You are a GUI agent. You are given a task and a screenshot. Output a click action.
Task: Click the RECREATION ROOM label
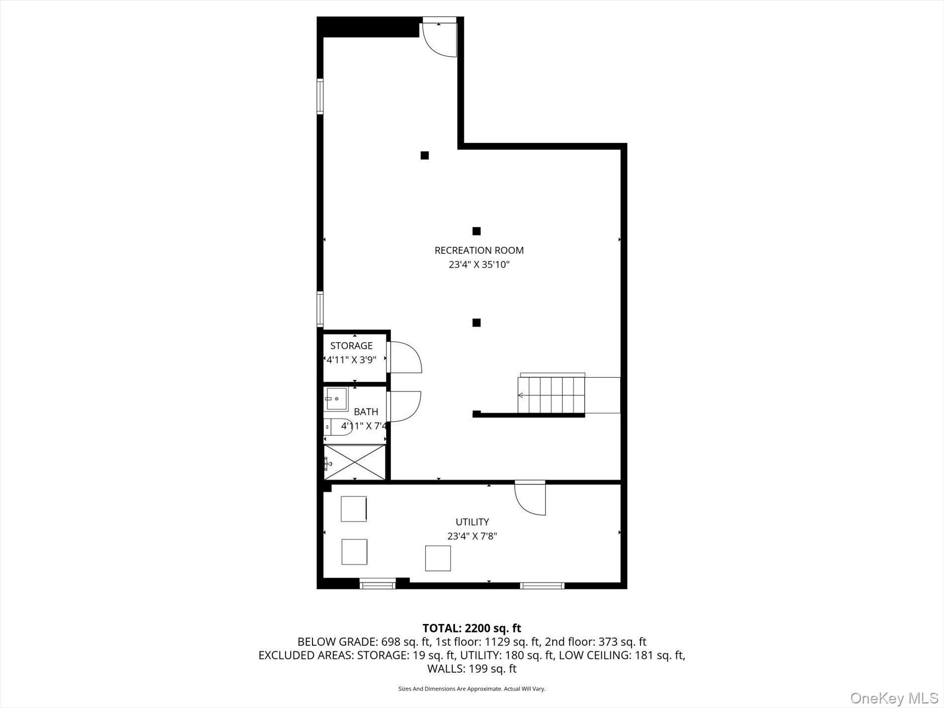pyautogui.click(x=479, y=250)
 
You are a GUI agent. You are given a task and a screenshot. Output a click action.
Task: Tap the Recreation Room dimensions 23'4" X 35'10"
pyautogui.click(x=479, y=265)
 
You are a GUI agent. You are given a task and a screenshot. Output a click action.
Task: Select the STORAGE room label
pyautogui.click(x=351, y=346)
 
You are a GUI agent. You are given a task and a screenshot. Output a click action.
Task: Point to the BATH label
pyautogui.click(x=366, y=412)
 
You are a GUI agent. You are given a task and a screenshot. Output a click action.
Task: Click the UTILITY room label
pyautogui.click(x=472, y=522)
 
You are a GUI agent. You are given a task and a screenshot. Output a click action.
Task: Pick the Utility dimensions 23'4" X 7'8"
pyautogui.click(x=472, y=537)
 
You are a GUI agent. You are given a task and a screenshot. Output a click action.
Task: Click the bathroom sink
pyautogui.click(x=336, y=399)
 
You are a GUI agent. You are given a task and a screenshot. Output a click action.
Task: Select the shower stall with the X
pyautogui.click(x=354, y=462)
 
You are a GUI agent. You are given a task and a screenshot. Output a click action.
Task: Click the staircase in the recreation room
pyautogui.click(x=551, y=395)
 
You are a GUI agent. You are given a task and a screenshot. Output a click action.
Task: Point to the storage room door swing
pyautogui.click(x=405, y=357)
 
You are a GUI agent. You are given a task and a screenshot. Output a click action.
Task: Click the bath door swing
pyautogui.click(x=404, y=406)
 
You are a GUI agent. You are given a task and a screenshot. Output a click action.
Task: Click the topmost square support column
pyautogui.click(x=424, y=156)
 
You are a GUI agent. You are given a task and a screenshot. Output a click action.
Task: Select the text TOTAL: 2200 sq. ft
pyautogui.click(x=472, y=629)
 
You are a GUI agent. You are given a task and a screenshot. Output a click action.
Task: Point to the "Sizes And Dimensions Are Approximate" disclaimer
pyautogui.click(x=472, y=689)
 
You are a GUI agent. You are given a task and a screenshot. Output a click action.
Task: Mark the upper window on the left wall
pyautogui.click(x=320, y=96)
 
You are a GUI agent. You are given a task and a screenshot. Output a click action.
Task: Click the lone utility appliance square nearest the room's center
pyautogui.click(x=438, y=558)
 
